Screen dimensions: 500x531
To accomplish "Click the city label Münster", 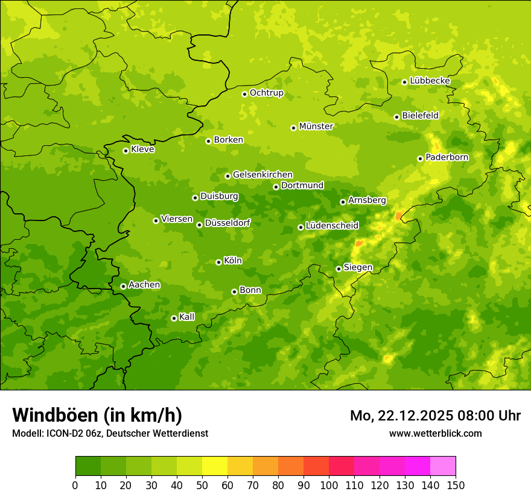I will pos(316,127).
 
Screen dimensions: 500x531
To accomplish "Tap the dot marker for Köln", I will pos(218,262).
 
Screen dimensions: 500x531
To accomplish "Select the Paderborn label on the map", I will pos(447,157).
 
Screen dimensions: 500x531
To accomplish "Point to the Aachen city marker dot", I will pos(123,286).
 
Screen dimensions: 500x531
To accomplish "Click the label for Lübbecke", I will pos(430,81).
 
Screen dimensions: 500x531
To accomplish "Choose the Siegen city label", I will pos(358,267).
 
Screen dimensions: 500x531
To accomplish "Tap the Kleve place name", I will pos(142,149).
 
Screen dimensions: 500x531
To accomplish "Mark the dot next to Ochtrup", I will pos(244,94).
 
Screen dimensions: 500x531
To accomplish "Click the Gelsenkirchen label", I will pos(262,175).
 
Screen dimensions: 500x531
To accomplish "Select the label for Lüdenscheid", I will pos(332,226).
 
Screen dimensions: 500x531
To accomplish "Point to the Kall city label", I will pos(186,317).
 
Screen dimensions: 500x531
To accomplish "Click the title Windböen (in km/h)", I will pos(97,415).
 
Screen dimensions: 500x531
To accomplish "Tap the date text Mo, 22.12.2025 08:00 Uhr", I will pos(435,416).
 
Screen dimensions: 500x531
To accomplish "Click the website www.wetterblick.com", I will pos(435,434).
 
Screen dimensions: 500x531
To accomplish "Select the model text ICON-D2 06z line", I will pos(110,434).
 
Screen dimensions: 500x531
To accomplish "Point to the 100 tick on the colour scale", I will pos(329,485).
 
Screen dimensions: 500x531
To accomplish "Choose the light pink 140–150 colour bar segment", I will pos(443,466).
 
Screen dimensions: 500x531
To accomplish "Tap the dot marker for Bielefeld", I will pos(396,117).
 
